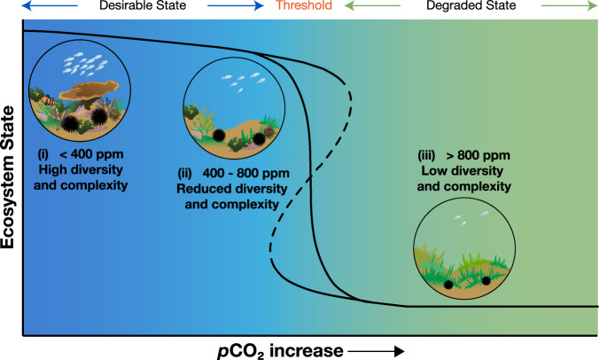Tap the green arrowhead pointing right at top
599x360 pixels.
[592, 6]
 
